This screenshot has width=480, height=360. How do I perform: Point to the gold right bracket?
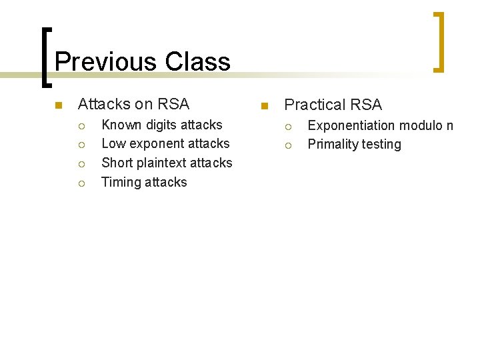pos(438,42)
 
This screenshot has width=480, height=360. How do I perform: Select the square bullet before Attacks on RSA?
pos(58,105)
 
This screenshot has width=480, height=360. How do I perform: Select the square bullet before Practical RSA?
pos(264,106)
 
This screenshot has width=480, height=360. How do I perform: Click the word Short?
pos(117,163)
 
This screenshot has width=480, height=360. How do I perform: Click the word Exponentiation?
pos(351,125)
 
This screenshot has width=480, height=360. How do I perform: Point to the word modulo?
pos(421,125)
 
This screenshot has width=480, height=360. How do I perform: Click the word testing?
pos(381,145)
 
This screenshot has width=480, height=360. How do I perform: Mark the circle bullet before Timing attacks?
pos(81,183)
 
